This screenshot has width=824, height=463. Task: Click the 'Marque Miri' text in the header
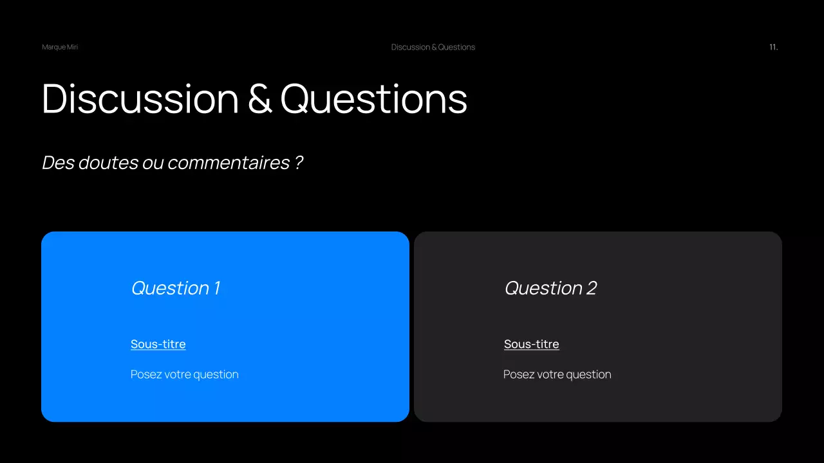click(60, 47)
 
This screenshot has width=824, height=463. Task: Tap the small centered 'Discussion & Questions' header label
click(433, 47)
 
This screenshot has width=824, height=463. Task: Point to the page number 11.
click(773, 47)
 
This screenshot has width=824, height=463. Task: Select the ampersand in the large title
click(260, 100)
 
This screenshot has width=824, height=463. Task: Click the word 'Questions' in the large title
click(374, 100)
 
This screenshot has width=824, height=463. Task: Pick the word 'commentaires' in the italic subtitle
click(229, 163)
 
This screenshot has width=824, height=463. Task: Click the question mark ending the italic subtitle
click(299, 163)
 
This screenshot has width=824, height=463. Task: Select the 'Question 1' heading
click(176, 288)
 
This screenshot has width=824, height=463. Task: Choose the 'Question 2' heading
click(550, 288)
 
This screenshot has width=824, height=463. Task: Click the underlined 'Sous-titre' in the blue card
click(158, 344)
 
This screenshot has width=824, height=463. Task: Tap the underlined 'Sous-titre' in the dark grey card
click(531, 344)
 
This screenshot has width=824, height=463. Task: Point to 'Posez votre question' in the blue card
click(184, 374)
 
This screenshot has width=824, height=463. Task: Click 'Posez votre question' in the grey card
click(557, 374)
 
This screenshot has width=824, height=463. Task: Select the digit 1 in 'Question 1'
click(216, 288)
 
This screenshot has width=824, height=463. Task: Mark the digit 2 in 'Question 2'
click(591, 288)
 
